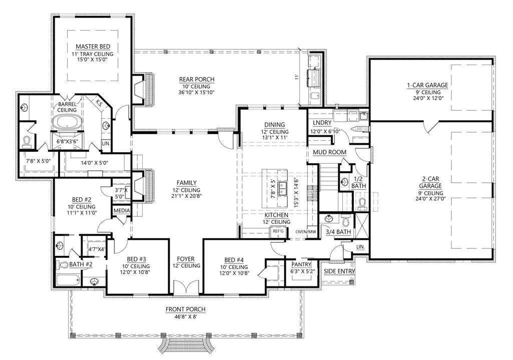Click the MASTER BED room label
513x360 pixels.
[93, 47]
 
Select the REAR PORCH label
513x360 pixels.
[197, 80]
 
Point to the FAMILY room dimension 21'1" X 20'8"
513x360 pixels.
[187, 197]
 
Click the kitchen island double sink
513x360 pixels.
[282, 189]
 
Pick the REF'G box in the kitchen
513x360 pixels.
[276, 231]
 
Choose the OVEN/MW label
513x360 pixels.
[306, 232]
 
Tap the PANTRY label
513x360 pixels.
[301, 264]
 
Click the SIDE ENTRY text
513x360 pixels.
[339, 271]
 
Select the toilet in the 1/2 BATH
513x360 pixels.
[362, 203]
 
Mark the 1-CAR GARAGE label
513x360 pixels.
[427, 86]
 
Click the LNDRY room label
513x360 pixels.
[322, 123]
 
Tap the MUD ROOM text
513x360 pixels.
[329, 152]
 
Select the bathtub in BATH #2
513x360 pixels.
[68, 281]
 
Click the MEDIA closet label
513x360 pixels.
[122, 210]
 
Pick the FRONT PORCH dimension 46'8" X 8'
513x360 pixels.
[186, 316]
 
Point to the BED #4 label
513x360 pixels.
[234, 260]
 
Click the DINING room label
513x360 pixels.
[275, 125]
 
